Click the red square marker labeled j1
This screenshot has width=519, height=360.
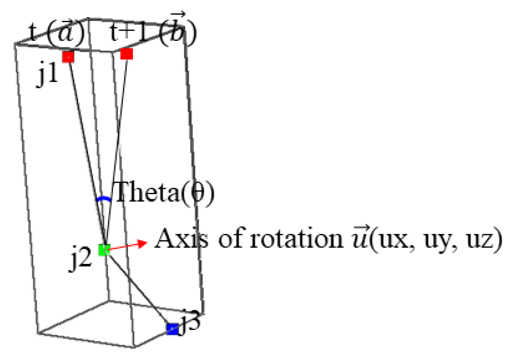click(x=68, y=57)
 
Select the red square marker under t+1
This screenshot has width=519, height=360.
click(x=127, y=54)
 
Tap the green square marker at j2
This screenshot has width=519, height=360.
click(x=104, y=250)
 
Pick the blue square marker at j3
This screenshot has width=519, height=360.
click(x=172, y=329)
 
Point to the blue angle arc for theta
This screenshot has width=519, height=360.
click(x=103, y=199)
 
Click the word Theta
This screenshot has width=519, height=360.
click(x=147, y=193)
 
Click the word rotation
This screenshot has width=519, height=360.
click(x=297, y=239)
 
